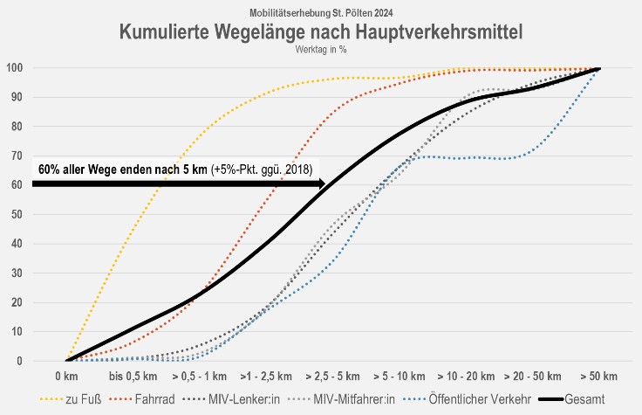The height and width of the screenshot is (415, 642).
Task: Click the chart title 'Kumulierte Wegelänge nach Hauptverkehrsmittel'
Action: click(x=321, y=32)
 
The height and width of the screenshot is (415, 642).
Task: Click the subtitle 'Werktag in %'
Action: click(x=321, y=50)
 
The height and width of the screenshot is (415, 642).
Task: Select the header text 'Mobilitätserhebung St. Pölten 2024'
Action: click(x=321, y=13)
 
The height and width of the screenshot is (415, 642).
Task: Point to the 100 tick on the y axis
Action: click(x=15, y=68)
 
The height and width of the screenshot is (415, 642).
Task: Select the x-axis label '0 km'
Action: click(x=67, y=377)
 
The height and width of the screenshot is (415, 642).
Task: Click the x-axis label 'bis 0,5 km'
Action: click(x=133, y=377)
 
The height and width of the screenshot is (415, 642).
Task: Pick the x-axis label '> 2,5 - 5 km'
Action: click(x=332, y=377)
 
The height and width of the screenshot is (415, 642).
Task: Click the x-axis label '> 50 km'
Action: click(x=599, y=377)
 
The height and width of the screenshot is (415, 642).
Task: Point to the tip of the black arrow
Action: click(x=326, y=183)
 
